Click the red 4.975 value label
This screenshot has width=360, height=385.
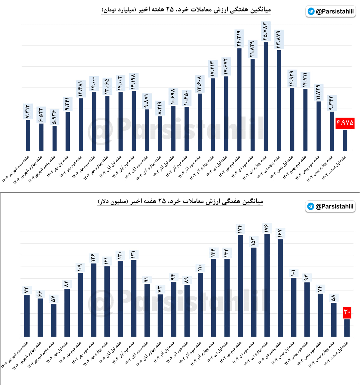coord(345,123)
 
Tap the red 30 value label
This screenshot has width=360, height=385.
coord(347,313)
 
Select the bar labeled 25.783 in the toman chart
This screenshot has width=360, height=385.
coord(266,96)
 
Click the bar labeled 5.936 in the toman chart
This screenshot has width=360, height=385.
coord(54,138)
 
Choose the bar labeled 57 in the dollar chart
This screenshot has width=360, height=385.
coord(53,320)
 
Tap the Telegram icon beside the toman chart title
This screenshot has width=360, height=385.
coord(311,11)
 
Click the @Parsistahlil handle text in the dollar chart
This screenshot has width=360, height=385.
coord(334,206)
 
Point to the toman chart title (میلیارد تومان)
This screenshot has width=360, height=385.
coord(186,10)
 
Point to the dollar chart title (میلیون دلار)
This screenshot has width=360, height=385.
coord(180,201)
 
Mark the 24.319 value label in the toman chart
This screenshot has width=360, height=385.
coord(239,38)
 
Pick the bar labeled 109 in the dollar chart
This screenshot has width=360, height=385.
coord(80,304)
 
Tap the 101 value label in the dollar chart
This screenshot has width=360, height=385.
coord(293,273)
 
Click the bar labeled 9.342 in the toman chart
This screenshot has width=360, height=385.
coord(332,131)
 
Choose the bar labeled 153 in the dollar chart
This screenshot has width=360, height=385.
coord(254,292)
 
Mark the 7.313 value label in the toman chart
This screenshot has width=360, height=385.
coord(28,111)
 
